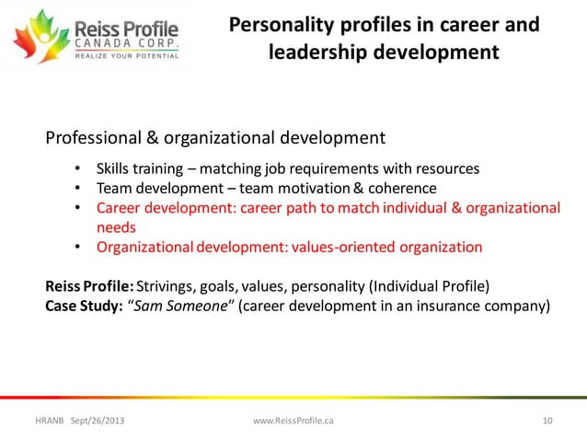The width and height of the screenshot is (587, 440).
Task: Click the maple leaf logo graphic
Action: point(32,39)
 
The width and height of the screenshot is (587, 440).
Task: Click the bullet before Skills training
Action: point(77,170)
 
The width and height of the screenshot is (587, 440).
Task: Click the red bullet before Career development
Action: point(77,208)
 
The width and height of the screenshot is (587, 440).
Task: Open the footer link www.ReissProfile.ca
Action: point(293,421)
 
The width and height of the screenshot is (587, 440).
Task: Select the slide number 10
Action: point(547,421)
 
